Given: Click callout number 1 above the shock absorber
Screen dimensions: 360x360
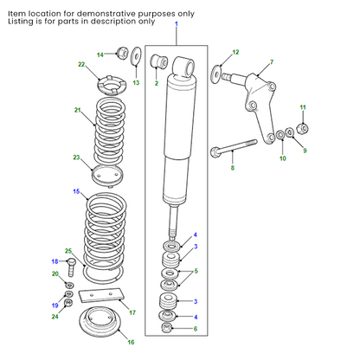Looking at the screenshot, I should tap(176, 25).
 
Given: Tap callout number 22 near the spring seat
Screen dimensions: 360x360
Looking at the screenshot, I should tap(81, 66).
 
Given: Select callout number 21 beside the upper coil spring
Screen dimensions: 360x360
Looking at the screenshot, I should tap(78, 110).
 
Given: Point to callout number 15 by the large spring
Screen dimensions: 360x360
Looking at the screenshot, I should tap(77, 190).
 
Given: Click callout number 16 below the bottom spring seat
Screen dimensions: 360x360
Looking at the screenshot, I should tap(131, 343).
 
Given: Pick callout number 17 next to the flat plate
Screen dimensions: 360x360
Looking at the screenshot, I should tap(132, 312).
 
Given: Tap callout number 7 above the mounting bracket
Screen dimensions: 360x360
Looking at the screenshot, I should tap(271, 62).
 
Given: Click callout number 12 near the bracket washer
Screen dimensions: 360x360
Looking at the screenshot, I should tap(235, 53).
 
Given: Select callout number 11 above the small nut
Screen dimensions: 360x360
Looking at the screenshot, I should tap(303, 106).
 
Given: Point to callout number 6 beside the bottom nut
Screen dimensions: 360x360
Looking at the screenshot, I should tap(195, 329).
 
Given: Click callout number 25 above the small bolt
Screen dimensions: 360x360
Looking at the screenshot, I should tap(69, 251).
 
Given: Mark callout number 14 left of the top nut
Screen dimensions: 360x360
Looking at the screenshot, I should tap(100, 55).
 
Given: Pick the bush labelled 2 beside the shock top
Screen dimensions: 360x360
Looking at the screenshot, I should tap(157, 62).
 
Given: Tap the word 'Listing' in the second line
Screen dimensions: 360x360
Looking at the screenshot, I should tap(20, 23).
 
